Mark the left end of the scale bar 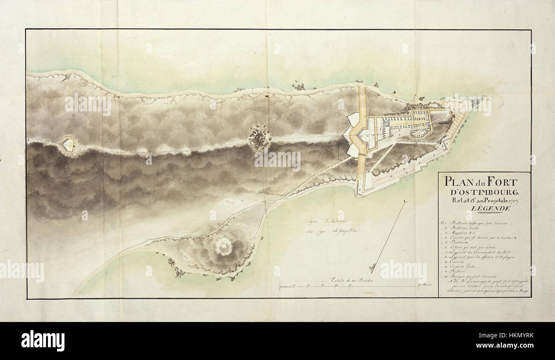[x=280, y=287]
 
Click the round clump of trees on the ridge [x=260, y=138]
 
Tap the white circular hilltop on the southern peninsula [x=222, y=246]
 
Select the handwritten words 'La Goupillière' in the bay [x=344, y=231]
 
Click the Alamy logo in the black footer [x=43, y=340]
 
